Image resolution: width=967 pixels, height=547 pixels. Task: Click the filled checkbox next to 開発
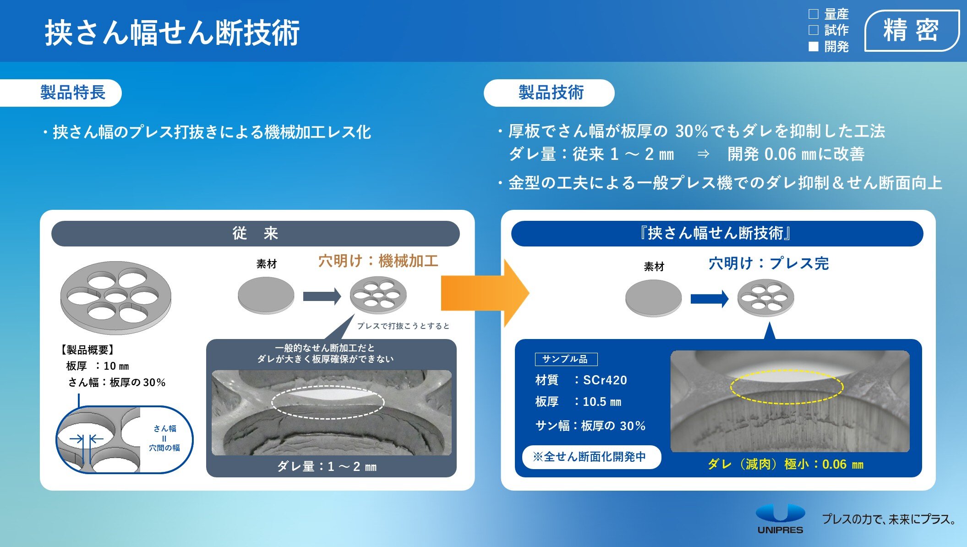[814, 46]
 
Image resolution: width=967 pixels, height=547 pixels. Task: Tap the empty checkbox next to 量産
[814, 14]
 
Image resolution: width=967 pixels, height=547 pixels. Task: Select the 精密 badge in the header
[912, 30]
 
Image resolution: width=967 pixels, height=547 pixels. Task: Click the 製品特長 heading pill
[61, 93]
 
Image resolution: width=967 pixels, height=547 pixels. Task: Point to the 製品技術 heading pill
[549, 93]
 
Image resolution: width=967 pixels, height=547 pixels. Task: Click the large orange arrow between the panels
[485, 293]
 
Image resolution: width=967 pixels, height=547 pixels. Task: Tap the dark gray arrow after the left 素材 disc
[322, 296]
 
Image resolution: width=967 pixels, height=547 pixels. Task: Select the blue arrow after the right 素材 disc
[710, 299]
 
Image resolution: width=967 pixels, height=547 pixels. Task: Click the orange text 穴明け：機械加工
[378, 261]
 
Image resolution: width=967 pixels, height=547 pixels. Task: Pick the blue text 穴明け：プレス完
[769, 263]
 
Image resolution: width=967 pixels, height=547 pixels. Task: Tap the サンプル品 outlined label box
[566, 359]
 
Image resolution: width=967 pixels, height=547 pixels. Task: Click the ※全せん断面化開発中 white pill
[591, 457]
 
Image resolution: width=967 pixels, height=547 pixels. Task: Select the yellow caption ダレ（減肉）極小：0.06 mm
[786, 465]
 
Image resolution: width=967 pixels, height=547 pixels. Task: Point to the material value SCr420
[605, 380]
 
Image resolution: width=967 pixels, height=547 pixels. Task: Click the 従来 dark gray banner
[255, 234]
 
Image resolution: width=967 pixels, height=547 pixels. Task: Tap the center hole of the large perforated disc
[115, 296]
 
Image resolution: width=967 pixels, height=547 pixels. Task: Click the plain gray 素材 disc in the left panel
[266, 295]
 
